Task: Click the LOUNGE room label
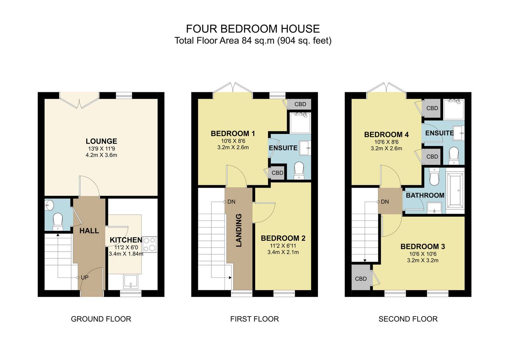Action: tap(101, 141)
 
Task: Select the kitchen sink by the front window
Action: tap(131, 281)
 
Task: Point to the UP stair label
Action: tap(85, 277)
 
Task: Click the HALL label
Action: tap(89, 231)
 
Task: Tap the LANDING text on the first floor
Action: tap(239, 230)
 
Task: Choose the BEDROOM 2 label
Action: tap(283, 238)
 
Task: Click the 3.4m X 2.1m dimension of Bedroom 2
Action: tap(283, 252)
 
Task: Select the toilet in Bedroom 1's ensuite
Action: tap(299, 170)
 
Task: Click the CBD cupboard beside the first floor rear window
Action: tap(299, 104)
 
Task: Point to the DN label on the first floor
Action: tap(231, 202)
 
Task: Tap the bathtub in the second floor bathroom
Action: tap(455, 190)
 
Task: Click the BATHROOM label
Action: tap(425, 195)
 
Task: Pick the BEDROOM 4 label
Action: tap(386, 135)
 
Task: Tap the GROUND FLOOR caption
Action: tap(101, 319)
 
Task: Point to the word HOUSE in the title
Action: tap(300, 29)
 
